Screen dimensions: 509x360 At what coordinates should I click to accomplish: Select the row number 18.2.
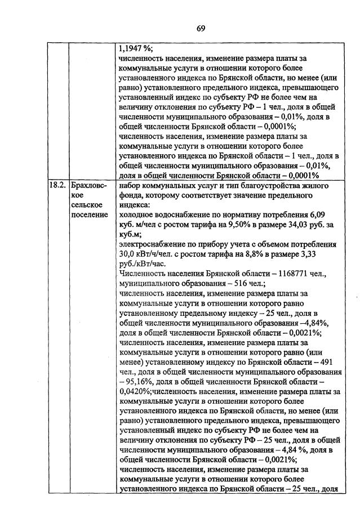57,185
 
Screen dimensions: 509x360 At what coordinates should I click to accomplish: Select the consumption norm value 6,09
318,215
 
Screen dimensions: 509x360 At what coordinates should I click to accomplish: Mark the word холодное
137,215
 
